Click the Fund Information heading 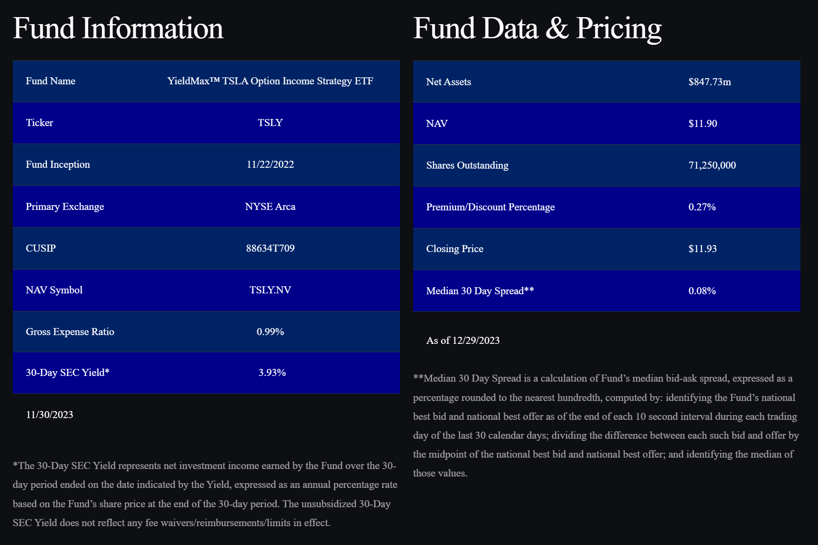point(118,28)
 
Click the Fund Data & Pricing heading point(537,28)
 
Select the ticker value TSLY point(270,123)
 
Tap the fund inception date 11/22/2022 point(270,164)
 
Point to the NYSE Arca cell point(270,206)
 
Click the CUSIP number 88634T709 point(270,248)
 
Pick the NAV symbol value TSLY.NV point(270,290)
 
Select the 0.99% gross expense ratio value point(270,332)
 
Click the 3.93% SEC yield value point(272,372)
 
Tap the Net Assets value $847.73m point(710,82)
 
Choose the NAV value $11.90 point(703,123)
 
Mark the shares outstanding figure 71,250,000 point(712,165)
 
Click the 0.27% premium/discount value point(702,207)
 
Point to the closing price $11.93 point(703,249)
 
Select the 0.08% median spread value point(702,291)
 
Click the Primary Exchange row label point(65,206)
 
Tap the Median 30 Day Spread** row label point(480,291)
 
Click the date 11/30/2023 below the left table point(50,415)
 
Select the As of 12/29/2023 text point(463,340)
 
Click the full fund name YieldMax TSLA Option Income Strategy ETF point(270,81)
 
